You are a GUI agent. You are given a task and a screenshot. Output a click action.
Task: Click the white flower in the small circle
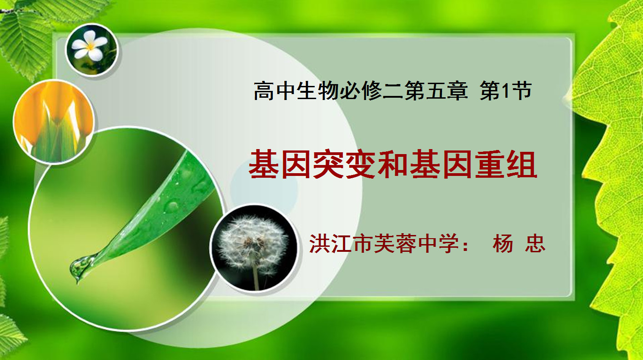click(x=90, y=46)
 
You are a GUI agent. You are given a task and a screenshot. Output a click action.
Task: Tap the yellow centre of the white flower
click(x=90, y=46)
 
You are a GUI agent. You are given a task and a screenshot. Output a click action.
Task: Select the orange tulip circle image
click(x=54, y=122)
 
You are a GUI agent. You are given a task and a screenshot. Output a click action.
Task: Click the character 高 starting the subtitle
click(x=264, y=90)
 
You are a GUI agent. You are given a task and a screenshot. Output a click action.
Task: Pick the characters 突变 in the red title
click(x=344, y=164)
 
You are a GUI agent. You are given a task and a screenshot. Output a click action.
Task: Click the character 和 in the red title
click(x=393, y=164)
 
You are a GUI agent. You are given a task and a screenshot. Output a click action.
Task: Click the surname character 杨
click(x=502, y=244)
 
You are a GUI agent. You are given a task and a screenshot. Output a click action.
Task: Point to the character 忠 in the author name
click(x=535, y=244)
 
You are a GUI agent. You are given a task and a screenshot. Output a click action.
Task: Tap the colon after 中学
click(x=466, y=245)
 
